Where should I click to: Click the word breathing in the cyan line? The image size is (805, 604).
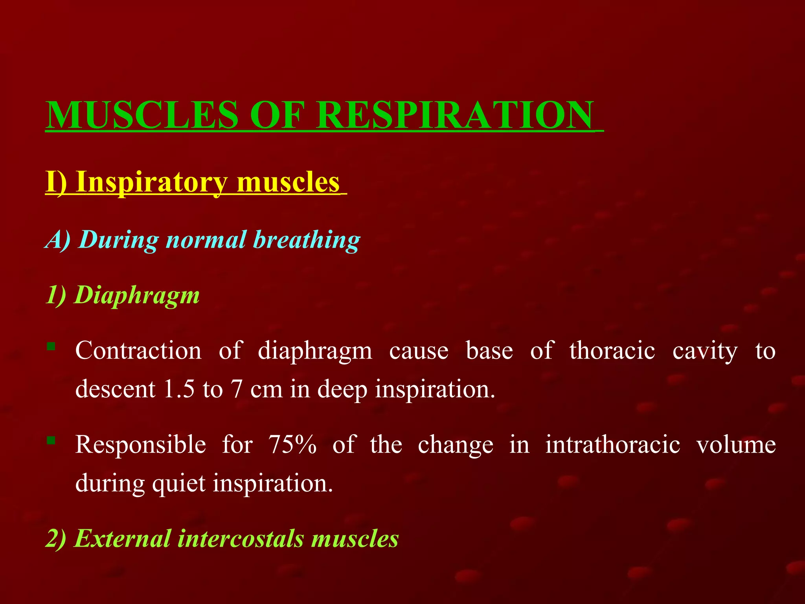click(x=307, y=239)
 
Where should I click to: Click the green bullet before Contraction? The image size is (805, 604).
click(x=51, y=346)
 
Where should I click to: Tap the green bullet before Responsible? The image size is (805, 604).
click(x=51, y=440)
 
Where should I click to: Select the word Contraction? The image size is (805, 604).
click(x=138, y=350)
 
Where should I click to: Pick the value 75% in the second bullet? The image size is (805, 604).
click(x=292, y=444)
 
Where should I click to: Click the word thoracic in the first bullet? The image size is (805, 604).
click(x=612, y=350)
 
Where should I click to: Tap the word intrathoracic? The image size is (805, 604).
click(x=612, y=444)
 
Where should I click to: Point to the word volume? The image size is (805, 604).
click(x=736, y=444)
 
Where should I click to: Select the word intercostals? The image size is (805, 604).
click(x=241, y=538)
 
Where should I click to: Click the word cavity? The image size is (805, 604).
click(x=705, y=351)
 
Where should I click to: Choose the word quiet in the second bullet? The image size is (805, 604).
click(x=179, y=483)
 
